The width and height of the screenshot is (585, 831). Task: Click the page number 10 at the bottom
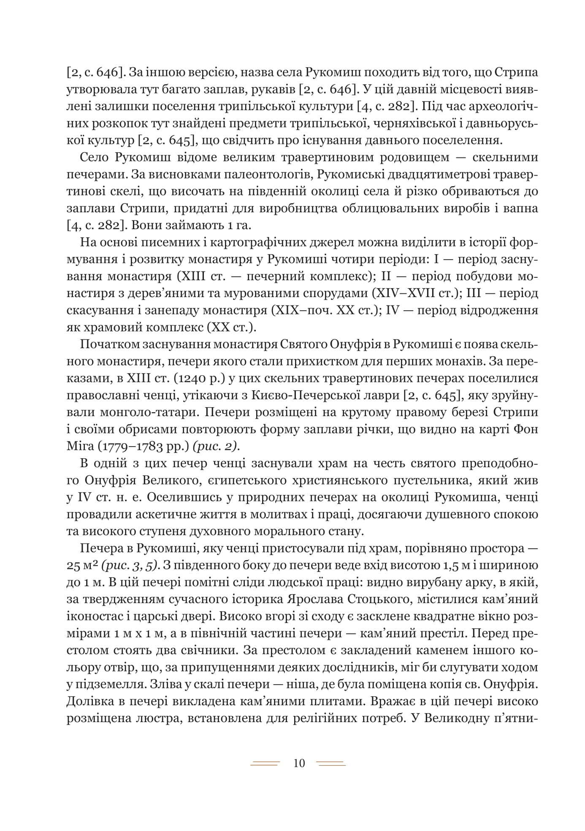(298, 763)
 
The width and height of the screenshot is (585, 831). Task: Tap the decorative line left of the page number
(265, 763)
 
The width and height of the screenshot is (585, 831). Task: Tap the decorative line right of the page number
(331, 763)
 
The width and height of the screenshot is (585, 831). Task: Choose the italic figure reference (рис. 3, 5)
(130, 566)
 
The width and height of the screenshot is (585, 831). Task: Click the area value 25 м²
(82, 566)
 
